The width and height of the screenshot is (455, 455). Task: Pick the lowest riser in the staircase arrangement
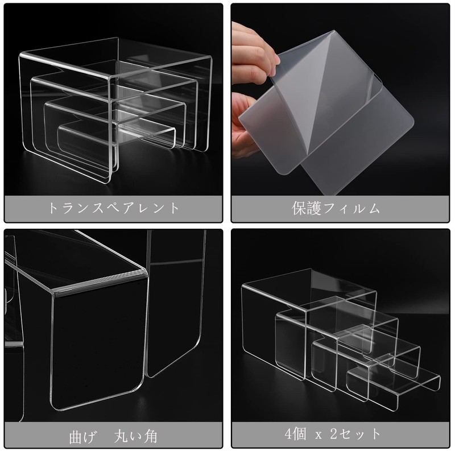click(x=392, y=379)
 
